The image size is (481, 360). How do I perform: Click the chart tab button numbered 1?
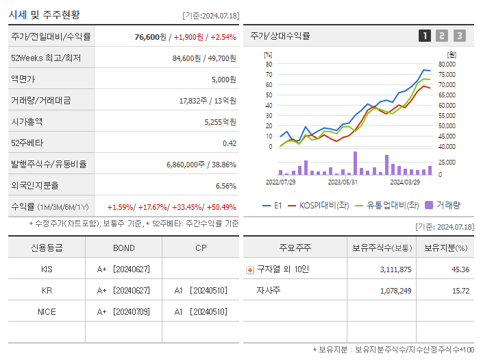pyautogui.click(x=425, y=36)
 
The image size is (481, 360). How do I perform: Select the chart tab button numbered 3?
pyautogui.click(x=459, y=36)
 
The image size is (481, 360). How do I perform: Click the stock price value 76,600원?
pyautogui.click(x=150, y=37)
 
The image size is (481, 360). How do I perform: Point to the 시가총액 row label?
pyautogui.click(x=27, y=121)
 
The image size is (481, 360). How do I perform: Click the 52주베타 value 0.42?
pyautogui.click(x=230, y=143)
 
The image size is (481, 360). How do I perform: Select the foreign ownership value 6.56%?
pyautogui.click(x=225, y=185)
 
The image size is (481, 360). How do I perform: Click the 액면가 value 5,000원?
pyautogui.click(x=223, y=80)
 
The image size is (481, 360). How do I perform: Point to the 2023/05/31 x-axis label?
pyautogui.click(x=343, y=182)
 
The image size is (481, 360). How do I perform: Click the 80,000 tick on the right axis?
pyautogui.click(x=446, y=64)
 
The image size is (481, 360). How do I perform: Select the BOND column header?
pyautogui.click(x=123, y=248)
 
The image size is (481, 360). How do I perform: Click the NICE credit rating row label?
pyautogui.click(x=47, y=311)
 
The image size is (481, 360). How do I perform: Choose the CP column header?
pyautogui.click(x=200, y=248)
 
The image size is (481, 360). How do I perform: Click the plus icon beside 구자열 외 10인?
pyautogui.click(x=249, y=269)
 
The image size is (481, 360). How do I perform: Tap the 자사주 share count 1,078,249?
pyautogui.click(x=395, y=291)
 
